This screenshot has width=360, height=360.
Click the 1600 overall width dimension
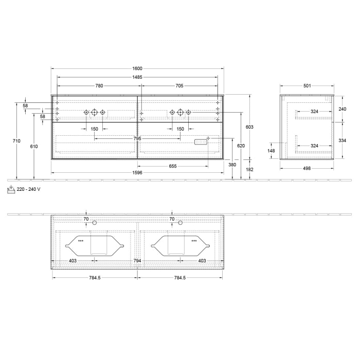[x=137, y=68]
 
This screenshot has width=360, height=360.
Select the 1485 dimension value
[x=137, y=77]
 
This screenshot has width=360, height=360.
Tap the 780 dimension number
[x=99, y=86]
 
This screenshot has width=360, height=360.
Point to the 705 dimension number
[x=179, y=86]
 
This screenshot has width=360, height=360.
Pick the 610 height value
[x=34, y=147]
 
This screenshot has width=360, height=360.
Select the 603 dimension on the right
[x=249, y=127]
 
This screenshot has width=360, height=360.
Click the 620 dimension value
[x=241, y=146]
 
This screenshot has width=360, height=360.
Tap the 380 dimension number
[x=232, y=165]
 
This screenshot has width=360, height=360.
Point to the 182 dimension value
[x=249, y=169]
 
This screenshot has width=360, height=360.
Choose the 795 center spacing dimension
[x=137, y=138]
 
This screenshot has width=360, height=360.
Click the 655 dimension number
[x=173, y=166]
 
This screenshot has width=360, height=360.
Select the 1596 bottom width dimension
[x=137, y=172]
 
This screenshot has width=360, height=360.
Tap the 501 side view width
[x=307, y=86]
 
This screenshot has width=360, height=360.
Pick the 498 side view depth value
[x=307, y=168]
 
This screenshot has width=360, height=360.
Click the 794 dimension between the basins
[x=137, y=261]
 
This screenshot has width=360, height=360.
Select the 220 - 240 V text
[x=29, y=189]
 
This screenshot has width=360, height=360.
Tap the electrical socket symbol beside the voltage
[x=11, y=189]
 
